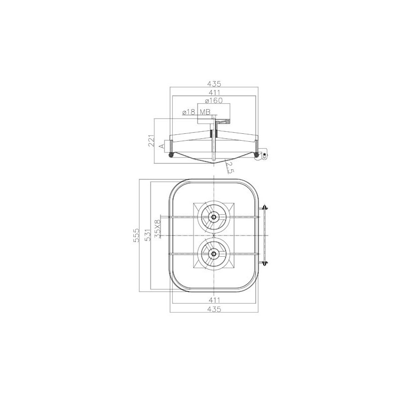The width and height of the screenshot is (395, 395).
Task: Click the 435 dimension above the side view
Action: pos(214,83)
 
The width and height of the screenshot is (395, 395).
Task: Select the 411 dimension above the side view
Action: pos(214,92)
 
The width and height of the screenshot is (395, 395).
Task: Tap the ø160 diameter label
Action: pos(214,101)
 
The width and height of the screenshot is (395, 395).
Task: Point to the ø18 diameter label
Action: pos(189,112)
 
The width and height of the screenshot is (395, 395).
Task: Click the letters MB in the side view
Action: pos(205,112)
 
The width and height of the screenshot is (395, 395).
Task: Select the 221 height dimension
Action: pos(151,141)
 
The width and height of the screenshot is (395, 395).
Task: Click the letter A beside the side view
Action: pos(162,146)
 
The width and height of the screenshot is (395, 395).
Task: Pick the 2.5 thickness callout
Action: pos(228,168)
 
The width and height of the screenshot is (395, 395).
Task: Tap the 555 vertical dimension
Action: pos(136,236)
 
